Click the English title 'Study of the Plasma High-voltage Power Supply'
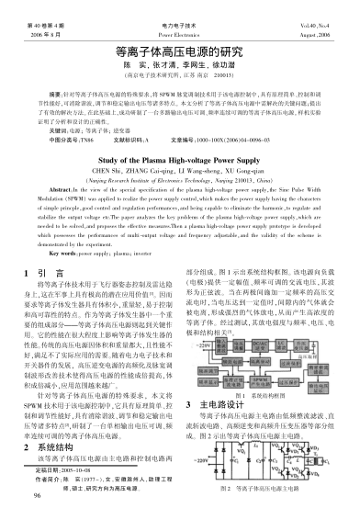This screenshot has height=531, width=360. coord(179,157)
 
